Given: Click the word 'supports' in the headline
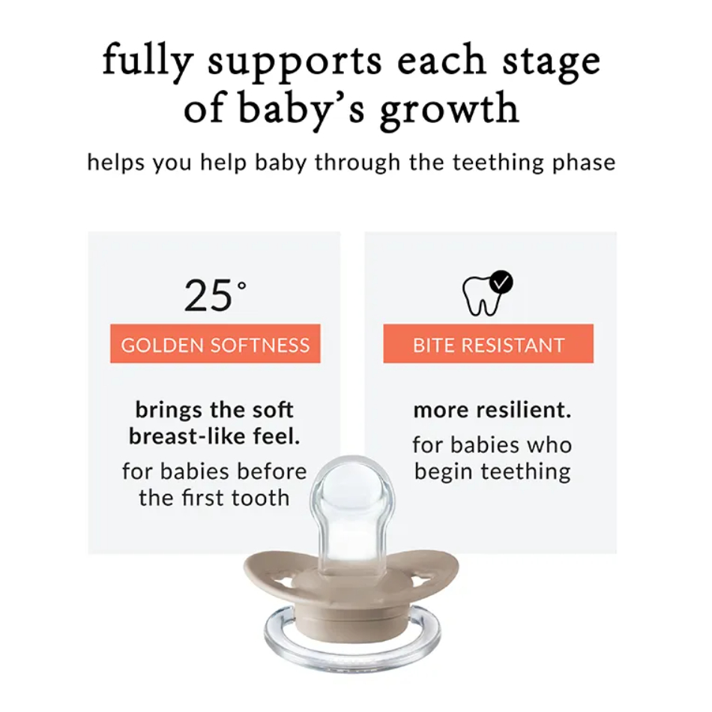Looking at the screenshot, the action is pos(295,63).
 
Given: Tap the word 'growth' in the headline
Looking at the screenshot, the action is pos(449,108).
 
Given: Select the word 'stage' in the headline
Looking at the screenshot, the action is pos(552,63).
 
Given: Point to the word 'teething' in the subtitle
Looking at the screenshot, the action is pos(498,163).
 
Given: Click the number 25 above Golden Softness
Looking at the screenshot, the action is pos(208,295).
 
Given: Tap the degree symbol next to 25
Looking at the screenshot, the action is pos(242,286).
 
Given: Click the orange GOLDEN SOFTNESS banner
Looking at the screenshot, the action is pos(215,344).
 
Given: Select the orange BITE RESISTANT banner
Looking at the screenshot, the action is pos(488,344).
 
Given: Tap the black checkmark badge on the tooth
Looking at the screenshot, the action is pos(501,282).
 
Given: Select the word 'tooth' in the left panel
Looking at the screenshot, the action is pos(260,498).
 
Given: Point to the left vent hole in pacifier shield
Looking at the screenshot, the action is pos(282,581).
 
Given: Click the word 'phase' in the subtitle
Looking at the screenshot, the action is pos(584,163).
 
